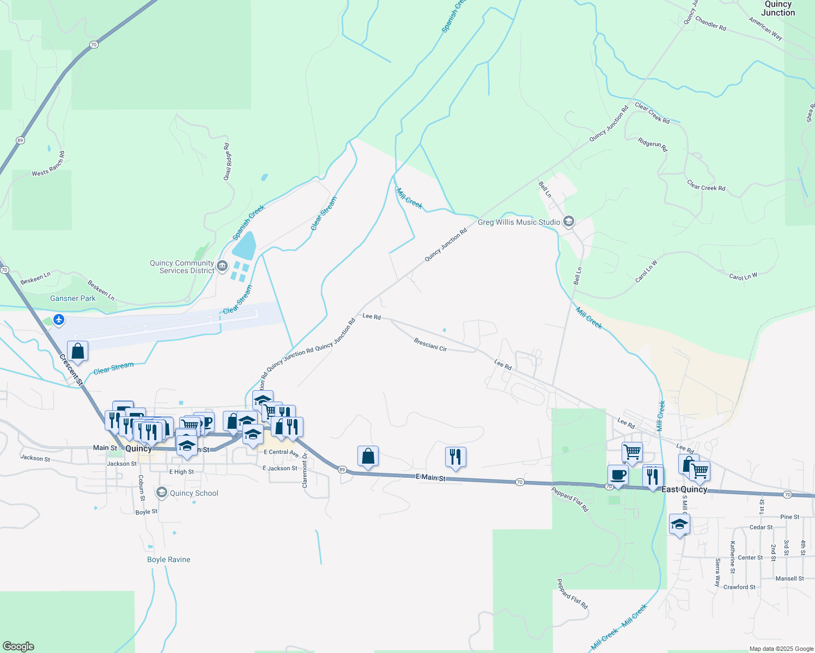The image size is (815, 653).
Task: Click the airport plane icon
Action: [59, 320]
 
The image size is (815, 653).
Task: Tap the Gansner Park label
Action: [73, 298]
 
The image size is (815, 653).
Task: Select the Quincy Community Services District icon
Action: [222, 266]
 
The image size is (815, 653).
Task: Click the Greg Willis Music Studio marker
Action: [569, 221]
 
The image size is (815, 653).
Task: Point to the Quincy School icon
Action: [161, 493]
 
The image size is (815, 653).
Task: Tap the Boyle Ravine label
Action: [169, 559]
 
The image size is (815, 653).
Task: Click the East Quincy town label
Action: [684, 489]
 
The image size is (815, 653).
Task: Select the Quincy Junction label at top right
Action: [778, 8]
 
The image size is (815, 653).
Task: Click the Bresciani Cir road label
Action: [430, 345]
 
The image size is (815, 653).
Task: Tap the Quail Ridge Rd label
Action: [228, 162]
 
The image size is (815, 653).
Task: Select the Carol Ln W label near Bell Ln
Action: [647, 272]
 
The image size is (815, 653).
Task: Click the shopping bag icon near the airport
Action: [78, 351]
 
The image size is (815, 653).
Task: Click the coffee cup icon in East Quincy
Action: [618, 475]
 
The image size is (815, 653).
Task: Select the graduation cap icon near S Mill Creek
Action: [679, 525]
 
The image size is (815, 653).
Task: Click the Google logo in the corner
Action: [18, 646]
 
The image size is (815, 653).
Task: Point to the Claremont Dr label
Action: [305, 470]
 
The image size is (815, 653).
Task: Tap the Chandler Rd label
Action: [710, 23]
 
